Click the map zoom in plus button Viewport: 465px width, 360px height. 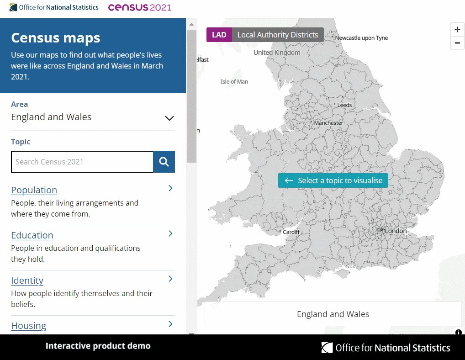click(x=457, y=30)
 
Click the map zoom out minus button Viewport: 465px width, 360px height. click(x=457, y=43)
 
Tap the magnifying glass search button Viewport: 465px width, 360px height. click(x=164, y=162)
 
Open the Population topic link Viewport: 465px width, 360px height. click(x=34, y=190)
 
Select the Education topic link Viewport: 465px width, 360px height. click(x=32, y=235)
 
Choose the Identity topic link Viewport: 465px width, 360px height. click(x=27, y=281)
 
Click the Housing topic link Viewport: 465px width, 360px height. click(x=29, y=326)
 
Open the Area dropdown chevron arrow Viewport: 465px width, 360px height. click(x=169, y=118)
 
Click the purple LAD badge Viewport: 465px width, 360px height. click(x=219, y=35)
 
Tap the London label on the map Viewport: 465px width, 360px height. click(x=396, y=231)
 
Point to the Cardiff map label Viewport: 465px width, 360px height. click(x=291, y=232)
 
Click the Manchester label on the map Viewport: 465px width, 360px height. click(x=328, y=123)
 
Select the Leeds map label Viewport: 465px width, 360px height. click(x=344, y=105)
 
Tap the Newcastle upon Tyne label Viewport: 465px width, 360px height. click(x=361, y=38)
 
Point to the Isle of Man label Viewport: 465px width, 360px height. click(x=234, y=82)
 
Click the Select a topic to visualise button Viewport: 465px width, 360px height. click(x=333, y=180)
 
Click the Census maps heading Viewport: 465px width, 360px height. click(x=56, y=37)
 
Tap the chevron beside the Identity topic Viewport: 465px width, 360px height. click(x=170, y=279)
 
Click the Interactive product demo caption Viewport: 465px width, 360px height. click(x=98, y=346)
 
